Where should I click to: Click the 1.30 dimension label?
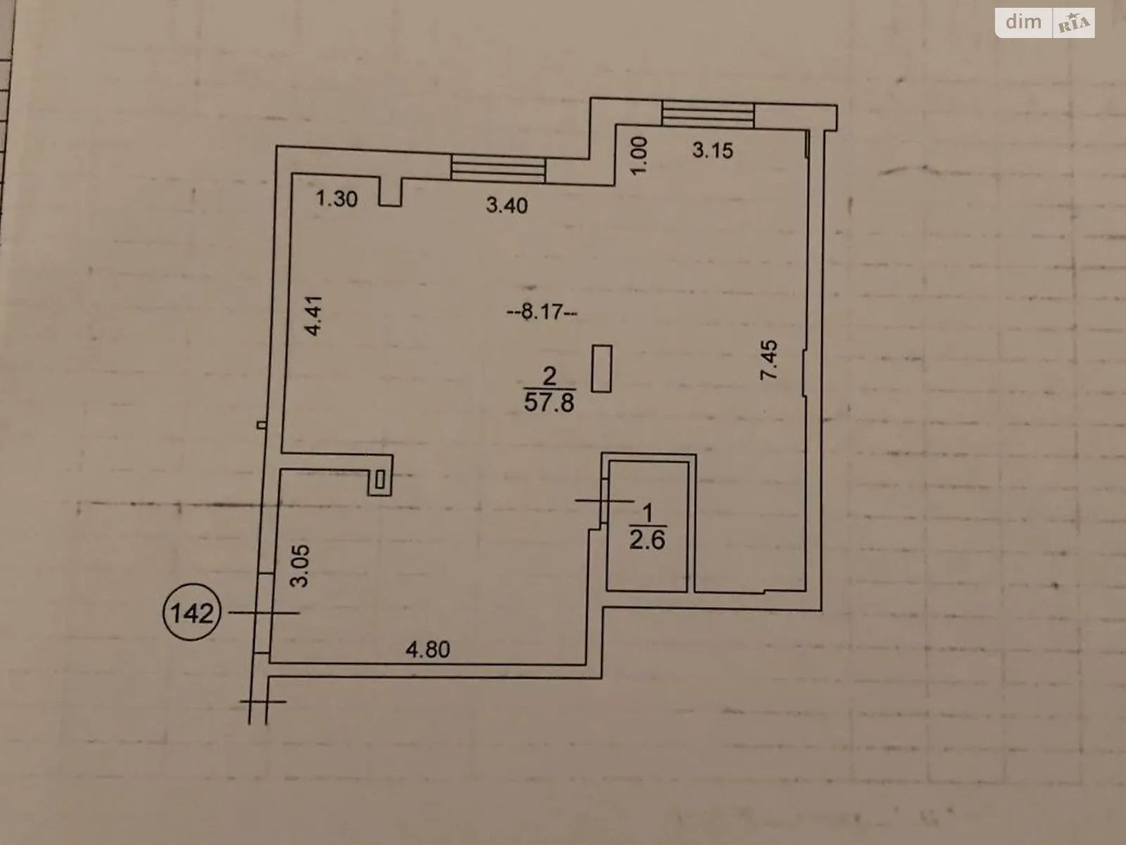coord(336,199)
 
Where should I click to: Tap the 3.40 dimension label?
coord(507,206)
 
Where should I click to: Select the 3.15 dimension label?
coord(712,150)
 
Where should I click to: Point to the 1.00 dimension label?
coord(639,156)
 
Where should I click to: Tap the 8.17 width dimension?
coord(543,311)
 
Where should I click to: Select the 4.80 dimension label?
coord(428,649)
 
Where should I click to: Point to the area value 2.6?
coord(647,539)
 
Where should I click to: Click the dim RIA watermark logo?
coord(1045,23)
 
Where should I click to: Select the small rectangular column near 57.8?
coord(602,368)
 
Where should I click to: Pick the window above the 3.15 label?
coord(707,114)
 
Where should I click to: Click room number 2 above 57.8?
coord(550,375)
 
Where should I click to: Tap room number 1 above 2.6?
coord(648,511)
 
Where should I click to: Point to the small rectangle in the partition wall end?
coord(380,480)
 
